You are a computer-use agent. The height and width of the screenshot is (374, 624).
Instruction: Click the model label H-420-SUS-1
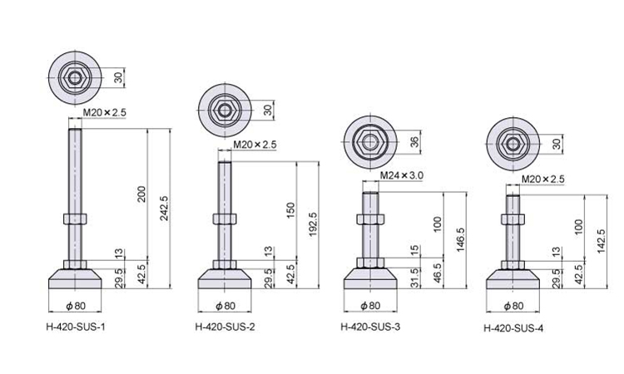tap(76, 327)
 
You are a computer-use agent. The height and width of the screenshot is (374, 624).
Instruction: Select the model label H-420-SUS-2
tap(225, 327)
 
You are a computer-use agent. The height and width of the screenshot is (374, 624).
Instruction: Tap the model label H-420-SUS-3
tap(370, 327)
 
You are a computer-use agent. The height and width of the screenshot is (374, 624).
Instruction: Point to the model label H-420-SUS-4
tap(513, 328)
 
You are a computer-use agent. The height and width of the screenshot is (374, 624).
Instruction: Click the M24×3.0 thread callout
tap(402, 175)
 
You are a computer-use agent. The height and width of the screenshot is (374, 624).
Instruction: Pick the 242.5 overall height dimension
tap(165, 208)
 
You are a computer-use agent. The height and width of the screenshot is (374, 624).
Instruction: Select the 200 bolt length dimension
tap(141, 194)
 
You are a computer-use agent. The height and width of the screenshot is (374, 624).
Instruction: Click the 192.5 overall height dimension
tap(313, 224)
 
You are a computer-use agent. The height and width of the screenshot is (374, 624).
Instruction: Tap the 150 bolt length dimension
tap(291, 210)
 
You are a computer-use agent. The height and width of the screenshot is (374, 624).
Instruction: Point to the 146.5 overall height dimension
tap(460, 239)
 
